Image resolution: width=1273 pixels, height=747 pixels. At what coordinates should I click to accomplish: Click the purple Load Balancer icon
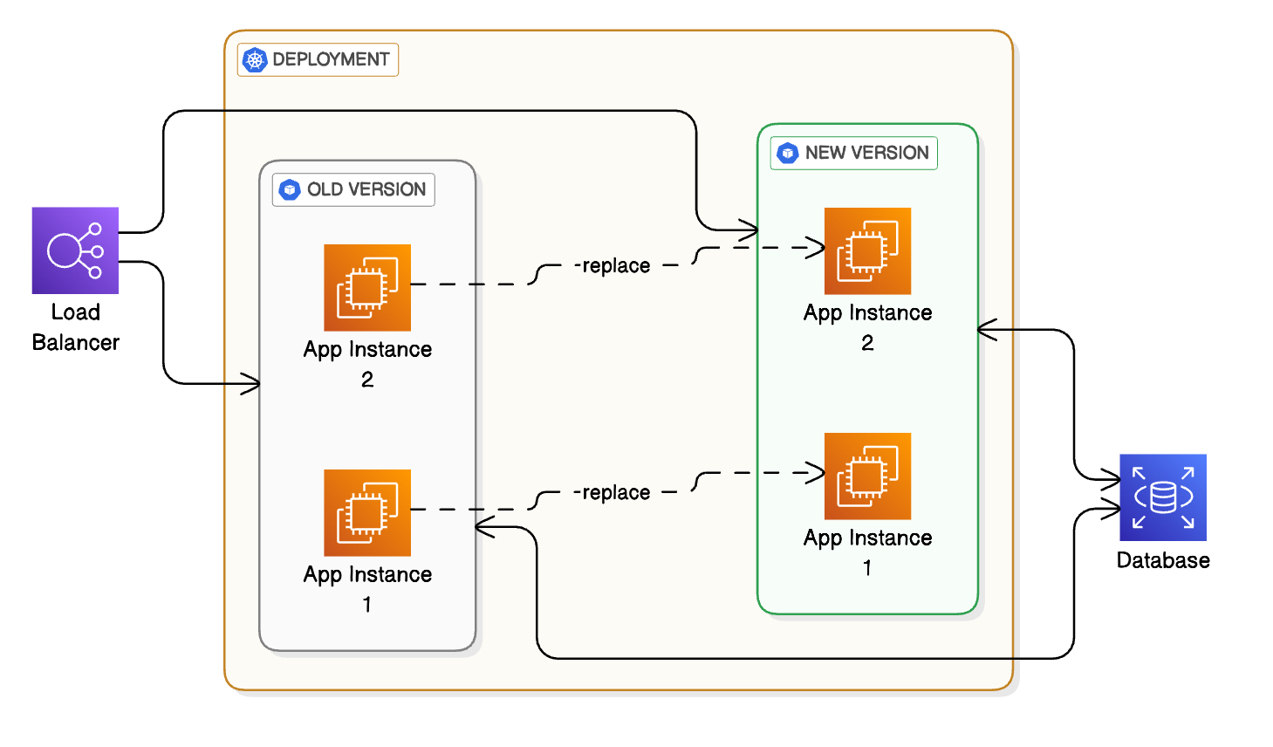pos(75,250)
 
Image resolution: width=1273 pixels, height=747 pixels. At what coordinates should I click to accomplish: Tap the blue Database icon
pos(1162,497)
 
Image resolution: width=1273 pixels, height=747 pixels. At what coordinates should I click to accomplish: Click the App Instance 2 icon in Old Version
pos(367,287)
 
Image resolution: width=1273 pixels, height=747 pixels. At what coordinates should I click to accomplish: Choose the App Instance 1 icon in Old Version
pos(367,512)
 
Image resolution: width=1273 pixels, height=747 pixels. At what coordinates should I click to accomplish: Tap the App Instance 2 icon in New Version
pos(867,250)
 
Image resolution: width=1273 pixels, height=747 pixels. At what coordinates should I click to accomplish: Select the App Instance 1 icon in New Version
pos(867,476)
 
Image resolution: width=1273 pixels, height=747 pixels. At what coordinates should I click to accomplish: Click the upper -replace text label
pos(613,265)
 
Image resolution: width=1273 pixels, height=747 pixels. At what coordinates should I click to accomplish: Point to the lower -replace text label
pos(613,492)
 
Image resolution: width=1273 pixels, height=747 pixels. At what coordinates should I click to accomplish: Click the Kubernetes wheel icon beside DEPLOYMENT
pos(255,59)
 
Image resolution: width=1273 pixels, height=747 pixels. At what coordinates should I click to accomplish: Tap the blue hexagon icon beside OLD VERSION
pos(290,189)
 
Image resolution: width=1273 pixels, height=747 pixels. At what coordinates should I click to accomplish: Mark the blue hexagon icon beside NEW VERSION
pos(788,153)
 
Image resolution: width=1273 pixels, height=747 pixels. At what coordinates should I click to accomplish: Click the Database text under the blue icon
pos(1162,560)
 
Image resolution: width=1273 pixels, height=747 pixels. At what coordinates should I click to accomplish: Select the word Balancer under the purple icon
pos(75,342)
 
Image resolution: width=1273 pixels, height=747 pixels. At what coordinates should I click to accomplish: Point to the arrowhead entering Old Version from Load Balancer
pos(252,383)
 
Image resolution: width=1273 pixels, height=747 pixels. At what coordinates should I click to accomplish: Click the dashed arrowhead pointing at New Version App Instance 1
pos(817,473)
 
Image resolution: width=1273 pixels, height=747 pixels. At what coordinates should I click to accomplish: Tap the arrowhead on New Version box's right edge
pos(986,330)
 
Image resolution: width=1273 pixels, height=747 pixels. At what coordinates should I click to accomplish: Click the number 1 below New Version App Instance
pos(867,568)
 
